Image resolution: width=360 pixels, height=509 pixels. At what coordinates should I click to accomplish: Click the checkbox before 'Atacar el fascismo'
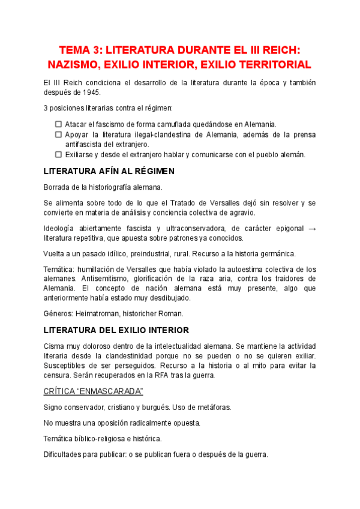coord(58,124)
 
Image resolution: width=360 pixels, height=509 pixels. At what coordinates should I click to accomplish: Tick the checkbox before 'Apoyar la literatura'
coord(58,134)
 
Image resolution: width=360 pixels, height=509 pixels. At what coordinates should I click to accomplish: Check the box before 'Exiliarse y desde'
coord(58,154)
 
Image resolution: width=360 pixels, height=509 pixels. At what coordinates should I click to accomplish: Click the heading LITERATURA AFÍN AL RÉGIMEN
coord(109,171)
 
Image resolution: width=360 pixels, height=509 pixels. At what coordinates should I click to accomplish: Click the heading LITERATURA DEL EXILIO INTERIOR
coord(116,330)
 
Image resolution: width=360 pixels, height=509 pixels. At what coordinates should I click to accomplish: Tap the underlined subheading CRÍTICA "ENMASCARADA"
coord(93,391)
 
